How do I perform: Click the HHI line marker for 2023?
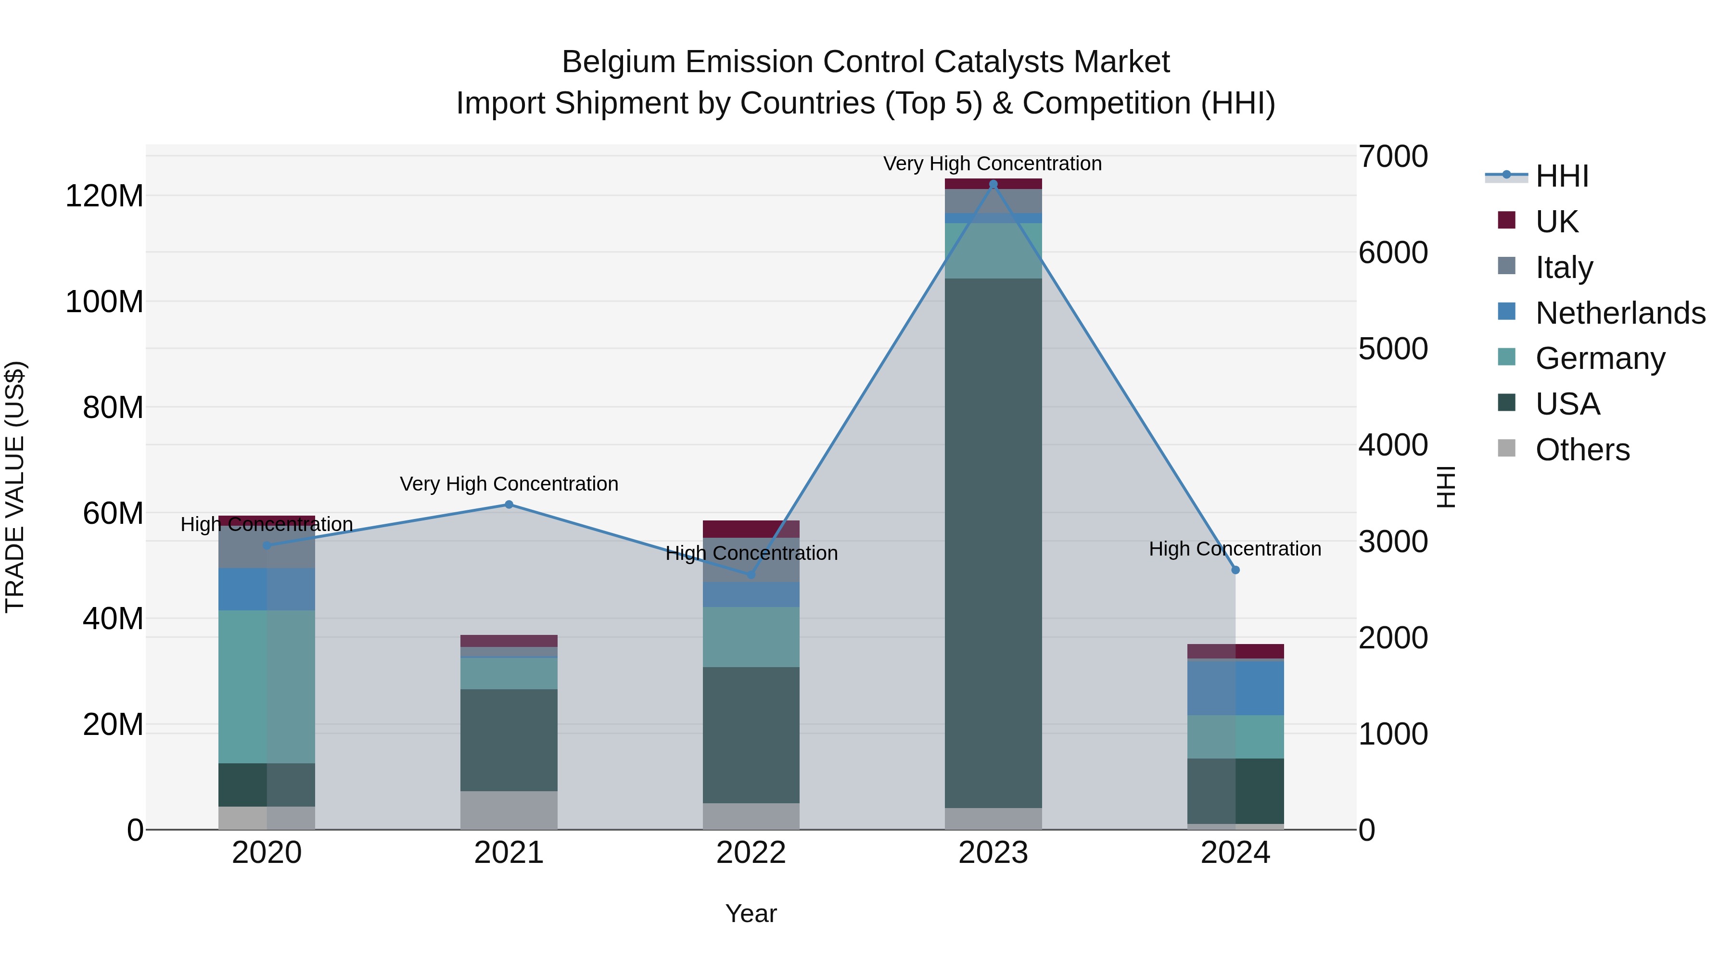point(993,184)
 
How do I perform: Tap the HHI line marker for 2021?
point(509,504)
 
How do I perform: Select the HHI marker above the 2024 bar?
point(1235,570)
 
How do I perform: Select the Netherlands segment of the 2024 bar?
point(1235,688)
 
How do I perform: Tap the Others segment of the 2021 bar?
point(509,810)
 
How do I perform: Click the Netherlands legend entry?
point(1620,313)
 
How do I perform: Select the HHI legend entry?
point(1561,176)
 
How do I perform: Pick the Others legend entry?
point(1582,449)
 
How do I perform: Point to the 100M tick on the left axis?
point(104,302)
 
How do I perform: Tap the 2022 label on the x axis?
point(751,853)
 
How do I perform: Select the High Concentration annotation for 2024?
point(1235,548)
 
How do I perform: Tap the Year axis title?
point(751,913)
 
